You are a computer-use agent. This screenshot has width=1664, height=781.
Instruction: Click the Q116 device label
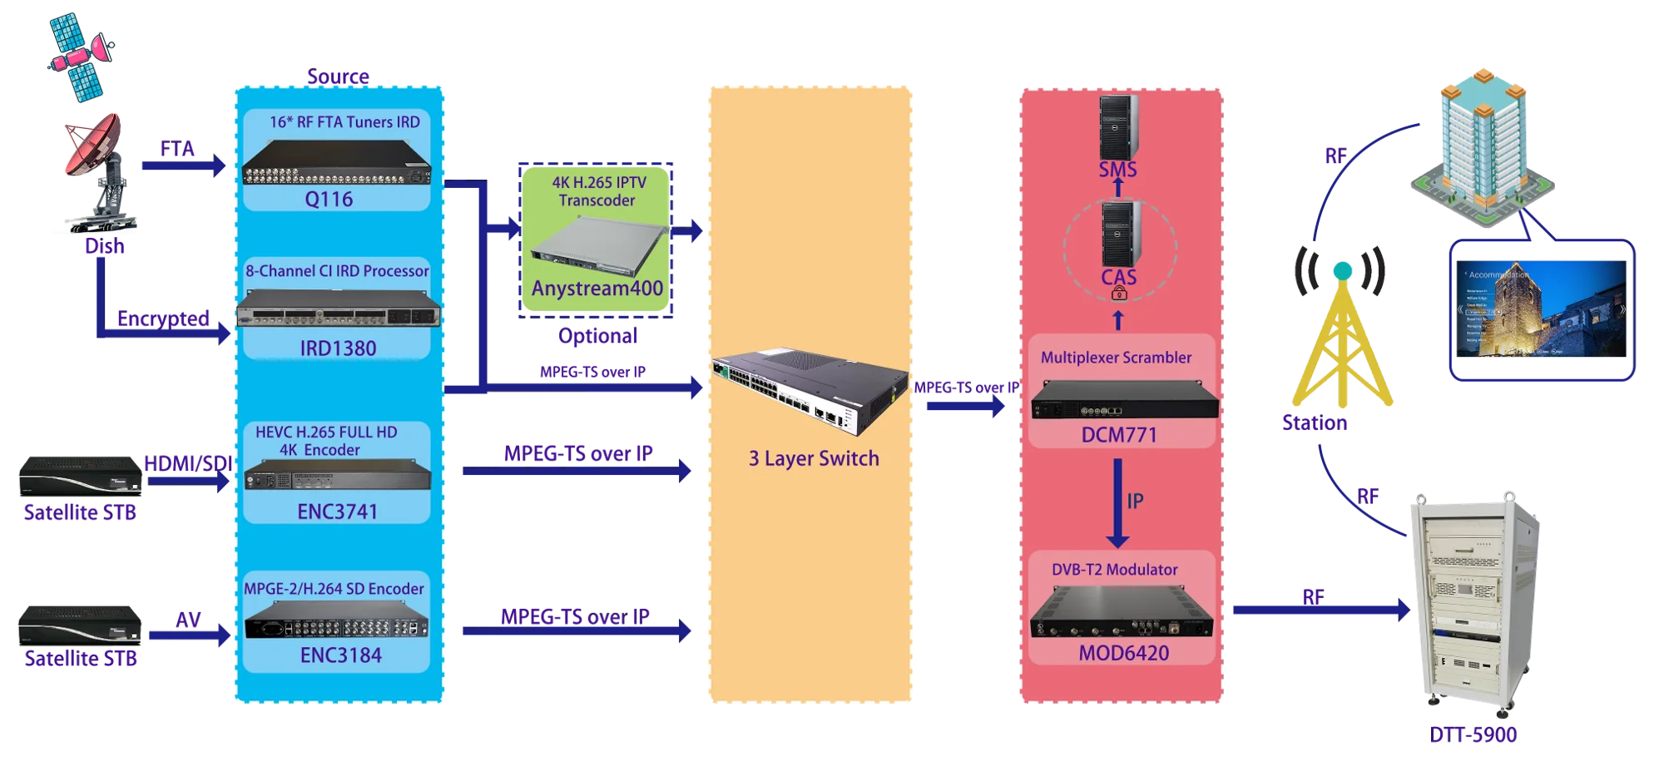coord(329,200)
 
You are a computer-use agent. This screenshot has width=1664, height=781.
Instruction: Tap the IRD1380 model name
coord(338,348)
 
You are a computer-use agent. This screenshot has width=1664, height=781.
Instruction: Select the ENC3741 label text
coord(337,512)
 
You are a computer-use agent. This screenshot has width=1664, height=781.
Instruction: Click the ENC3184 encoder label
coord(340,655)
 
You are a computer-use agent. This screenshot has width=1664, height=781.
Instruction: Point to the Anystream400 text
coord(597,289)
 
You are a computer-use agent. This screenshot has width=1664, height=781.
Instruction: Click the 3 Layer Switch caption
coord(813,459)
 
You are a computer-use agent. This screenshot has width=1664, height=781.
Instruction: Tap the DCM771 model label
coord(1118,435)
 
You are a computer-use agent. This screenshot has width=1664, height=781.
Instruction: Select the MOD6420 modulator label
coord(1123,654)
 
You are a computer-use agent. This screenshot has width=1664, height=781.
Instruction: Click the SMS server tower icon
coord(1117,126)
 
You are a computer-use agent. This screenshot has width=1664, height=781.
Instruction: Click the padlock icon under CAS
coord(1119,294)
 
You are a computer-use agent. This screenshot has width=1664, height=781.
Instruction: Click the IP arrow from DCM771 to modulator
coord(1117,503)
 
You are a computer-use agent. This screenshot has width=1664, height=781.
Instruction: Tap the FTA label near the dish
coord(177,150)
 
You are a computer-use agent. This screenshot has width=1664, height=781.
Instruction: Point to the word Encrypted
coord(164,319)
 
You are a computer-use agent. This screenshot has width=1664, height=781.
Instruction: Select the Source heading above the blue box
coord(337,76)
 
